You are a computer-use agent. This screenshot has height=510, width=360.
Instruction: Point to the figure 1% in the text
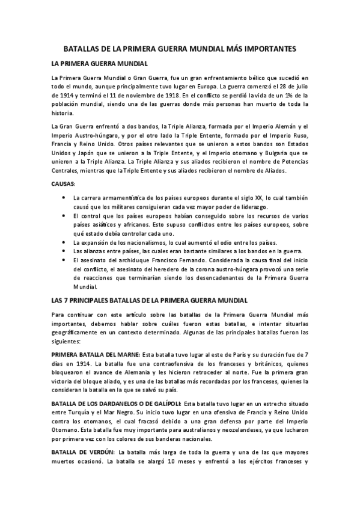point(288,95)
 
